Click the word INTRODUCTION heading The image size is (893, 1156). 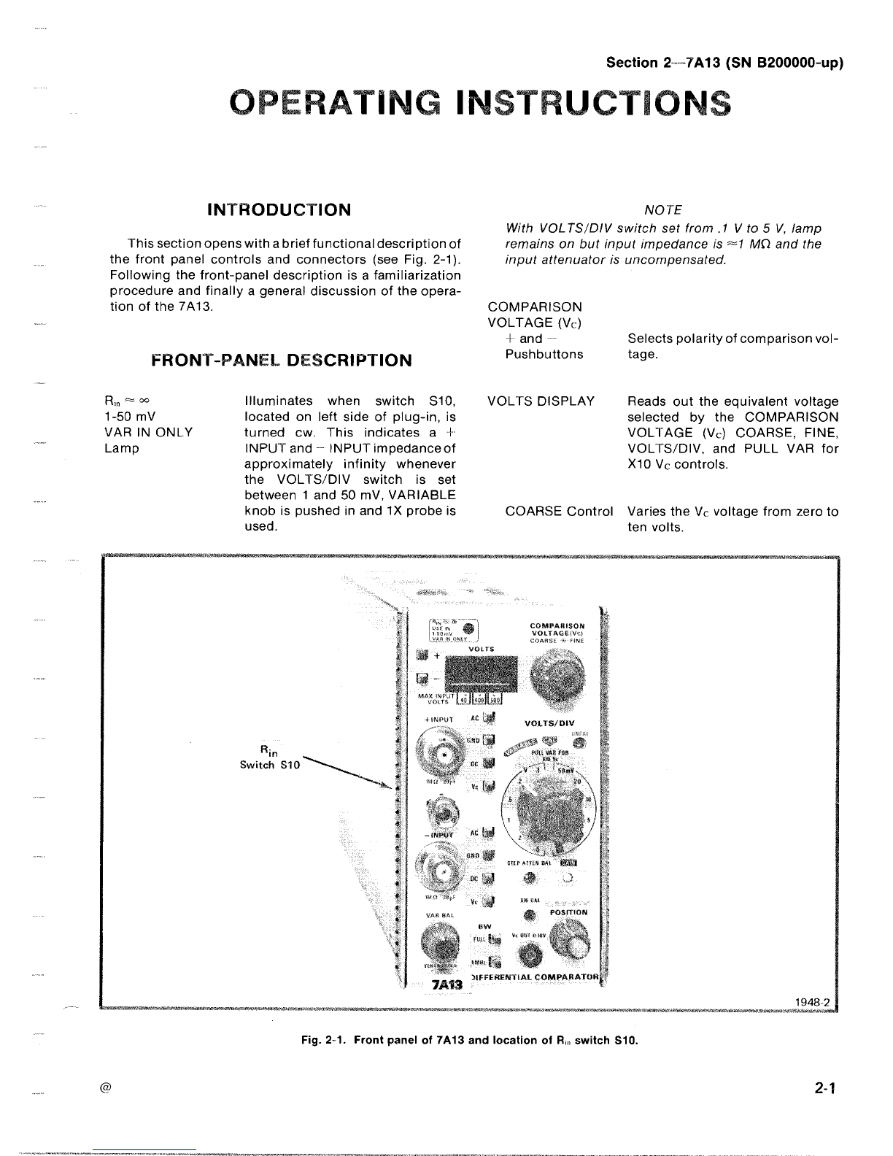click(279, 210)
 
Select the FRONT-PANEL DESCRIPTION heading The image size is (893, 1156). click(281, 361)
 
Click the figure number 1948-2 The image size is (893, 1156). click(814, 1001)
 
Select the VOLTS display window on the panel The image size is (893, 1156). click(481, 671)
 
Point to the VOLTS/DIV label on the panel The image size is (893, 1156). click(549, 723)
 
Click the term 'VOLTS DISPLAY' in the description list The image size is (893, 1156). click(540, 401)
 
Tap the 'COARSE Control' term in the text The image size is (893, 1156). click(559, 512)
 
